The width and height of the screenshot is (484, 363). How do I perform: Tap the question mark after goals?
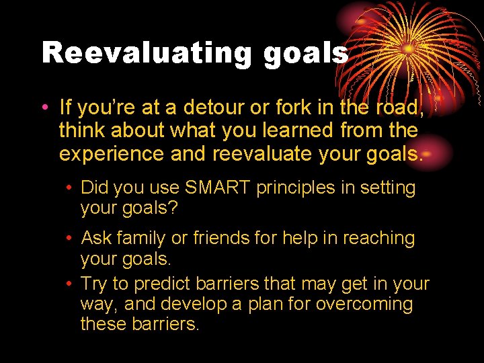click(173, 208)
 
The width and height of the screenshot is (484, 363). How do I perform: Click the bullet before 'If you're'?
click(44, 108)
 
